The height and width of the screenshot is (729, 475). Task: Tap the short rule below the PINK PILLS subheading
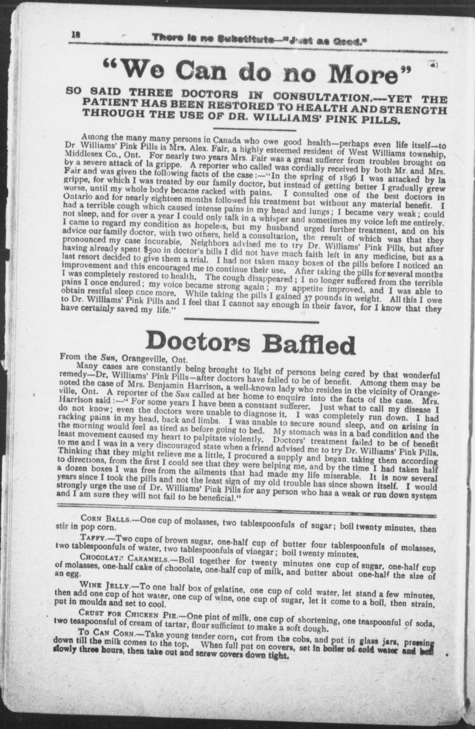[x=255, y=130]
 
